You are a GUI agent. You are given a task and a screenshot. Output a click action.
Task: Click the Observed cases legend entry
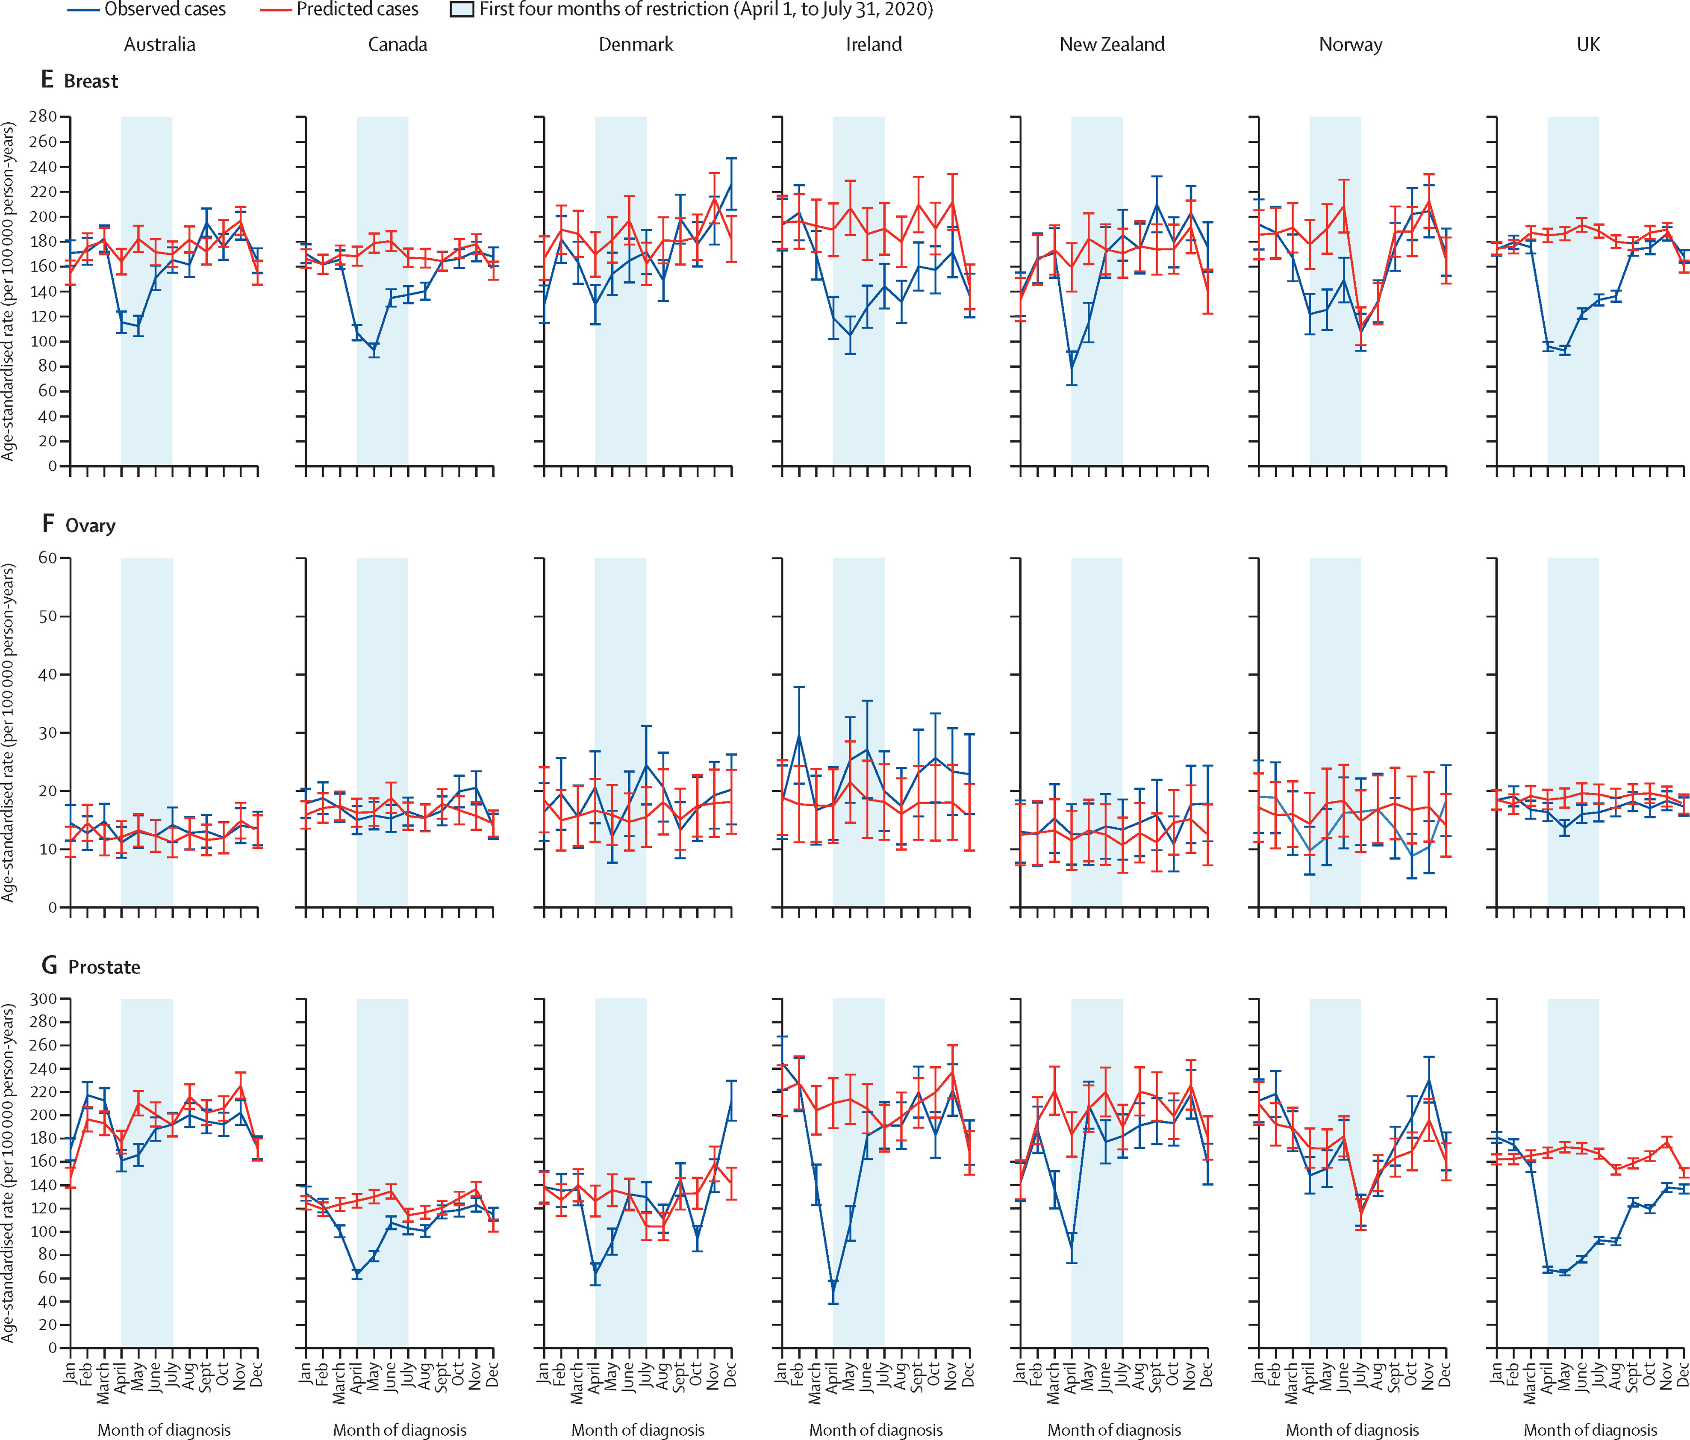(x=146, y=10)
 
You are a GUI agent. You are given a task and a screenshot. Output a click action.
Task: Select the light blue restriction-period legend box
(x=462, y=10)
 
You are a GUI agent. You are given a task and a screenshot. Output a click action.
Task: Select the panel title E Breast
(x=80, y=81)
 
